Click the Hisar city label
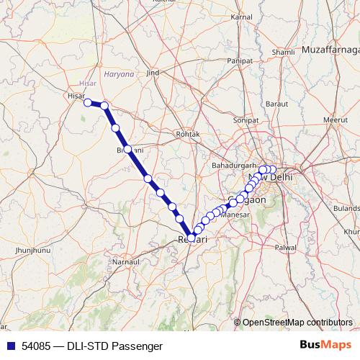(x=76, y=94)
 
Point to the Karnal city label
(x=240, y=16)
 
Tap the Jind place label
(x=152, y=73)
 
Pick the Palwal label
(x=286, y=247)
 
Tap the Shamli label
(x=284, y=53)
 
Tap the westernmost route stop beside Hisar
(x=88, y=103)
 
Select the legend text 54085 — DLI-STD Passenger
(x=91, y=346)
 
